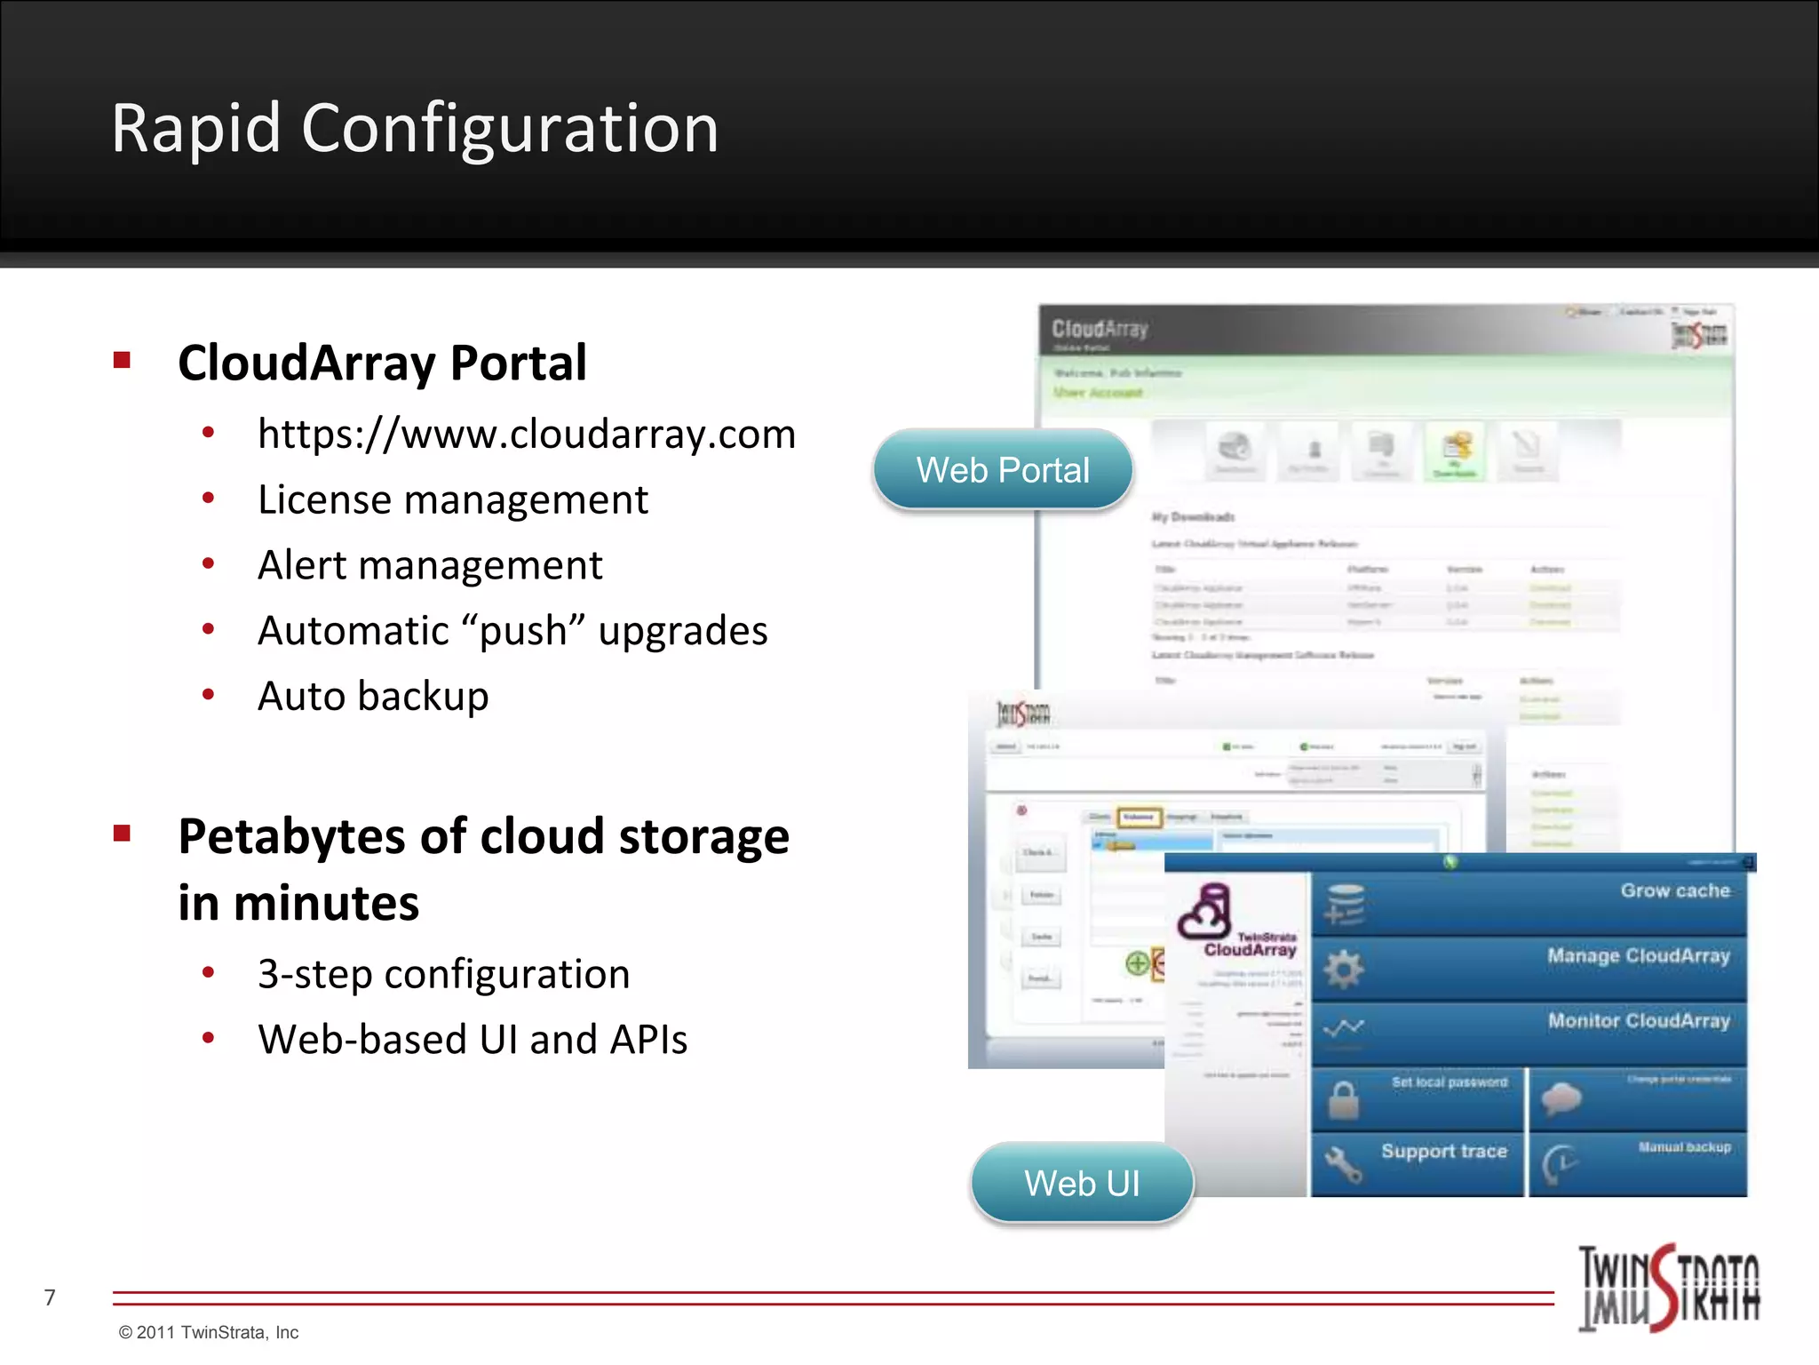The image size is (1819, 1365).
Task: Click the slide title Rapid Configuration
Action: [x=415, y=129]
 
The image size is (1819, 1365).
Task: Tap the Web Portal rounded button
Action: [x=1003, y=470]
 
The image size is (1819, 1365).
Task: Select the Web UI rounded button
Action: [x=1082, y=1183]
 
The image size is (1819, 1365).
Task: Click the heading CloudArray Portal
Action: [x=382, y=363]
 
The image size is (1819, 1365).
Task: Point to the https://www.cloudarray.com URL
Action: [x=527, y=434]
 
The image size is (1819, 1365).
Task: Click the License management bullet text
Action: [x=453, y=499]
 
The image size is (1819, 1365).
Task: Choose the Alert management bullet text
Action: [x=430, y=565]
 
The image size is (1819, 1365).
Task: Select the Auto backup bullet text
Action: [x=373, y=696]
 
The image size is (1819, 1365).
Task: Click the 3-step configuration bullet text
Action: [x=444, y=974]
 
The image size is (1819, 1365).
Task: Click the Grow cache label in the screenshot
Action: [x=1675, y=890]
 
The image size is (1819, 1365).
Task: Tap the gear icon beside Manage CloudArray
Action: [x=1344, y=968]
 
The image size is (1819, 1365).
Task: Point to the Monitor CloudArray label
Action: [x=1639, y=1020]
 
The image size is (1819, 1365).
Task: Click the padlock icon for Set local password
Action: [x=1343, y=1099]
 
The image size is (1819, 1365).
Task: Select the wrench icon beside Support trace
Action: [x=1343, y=1163]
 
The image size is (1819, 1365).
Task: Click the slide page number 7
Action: [x=50, y=1297]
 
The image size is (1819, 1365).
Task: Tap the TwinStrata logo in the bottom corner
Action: [x=1668, y=1288]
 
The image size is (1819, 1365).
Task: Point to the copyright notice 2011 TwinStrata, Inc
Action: [x=209, y=1332]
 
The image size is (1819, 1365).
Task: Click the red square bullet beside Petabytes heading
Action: [x=123, y=834]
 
